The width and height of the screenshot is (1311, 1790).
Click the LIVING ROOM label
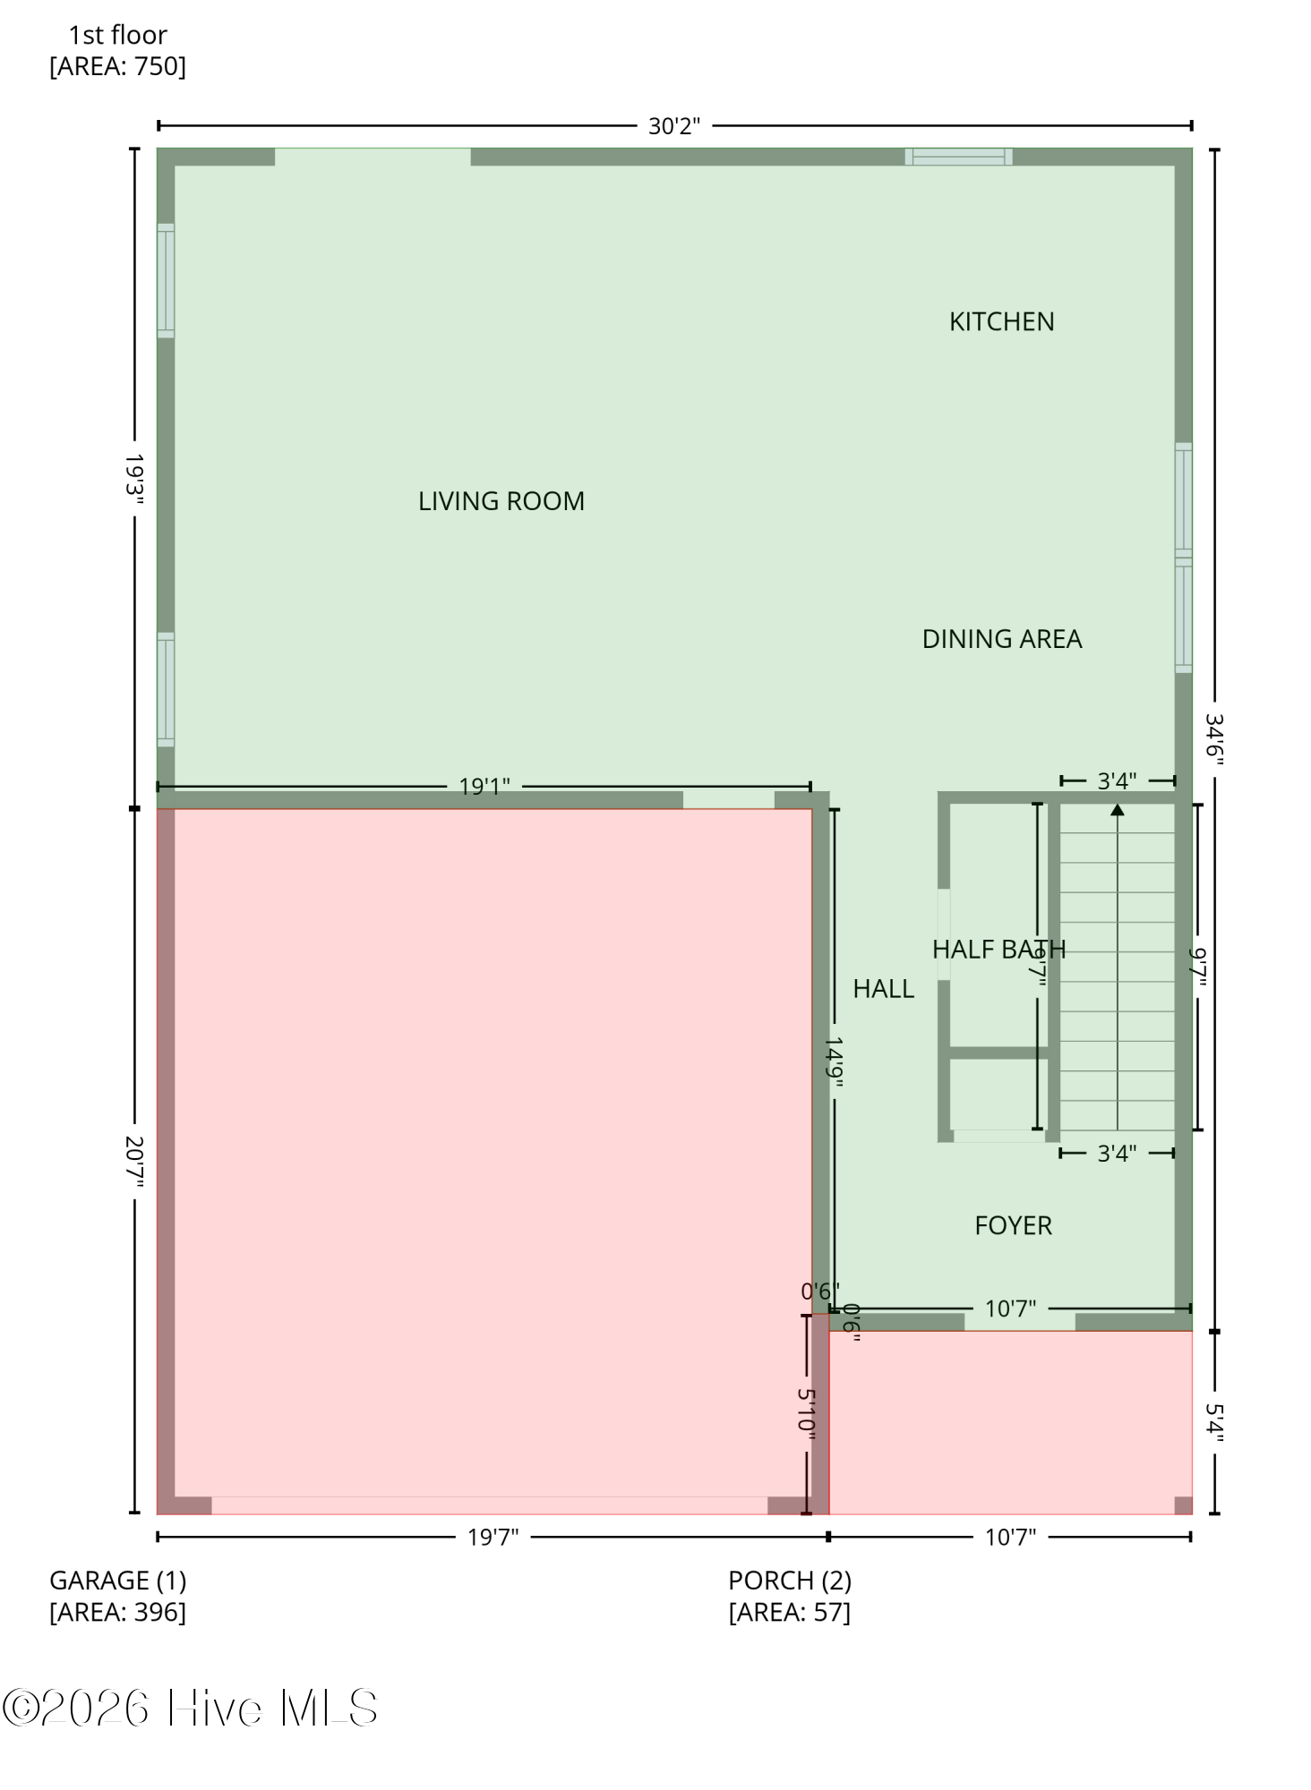coord(501,501)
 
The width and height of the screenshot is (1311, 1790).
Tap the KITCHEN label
coord(1002,321)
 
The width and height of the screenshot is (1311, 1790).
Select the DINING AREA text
coord(1002,639)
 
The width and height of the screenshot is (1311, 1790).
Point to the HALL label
coord(884,988)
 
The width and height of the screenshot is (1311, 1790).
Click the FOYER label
coord(1014,1225)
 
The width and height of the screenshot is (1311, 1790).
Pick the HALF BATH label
coord(999,949)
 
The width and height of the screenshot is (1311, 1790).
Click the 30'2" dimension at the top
coord(674,126)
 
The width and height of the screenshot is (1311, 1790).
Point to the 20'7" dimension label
coord(134,1163)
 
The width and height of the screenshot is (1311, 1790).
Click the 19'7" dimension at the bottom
coord(493,1538)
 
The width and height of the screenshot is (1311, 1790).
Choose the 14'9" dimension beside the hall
coord(834,1063)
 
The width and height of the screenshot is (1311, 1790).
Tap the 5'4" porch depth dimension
coord(1214,1422)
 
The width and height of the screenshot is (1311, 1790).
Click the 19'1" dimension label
coord(484,787)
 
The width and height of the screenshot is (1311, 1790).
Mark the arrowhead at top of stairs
coord(1118,809)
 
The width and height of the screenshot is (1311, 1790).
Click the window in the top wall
coord(958,157)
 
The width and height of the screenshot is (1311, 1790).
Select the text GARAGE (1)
coord(118,1581)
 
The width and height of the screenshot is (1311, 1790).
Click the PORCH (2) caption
coord(790,1581)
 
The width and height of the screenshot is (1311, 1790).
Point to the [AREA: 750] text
coord(118,66)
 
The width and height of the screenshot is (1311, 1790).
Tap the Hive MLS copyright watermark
coord(190,1708)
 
